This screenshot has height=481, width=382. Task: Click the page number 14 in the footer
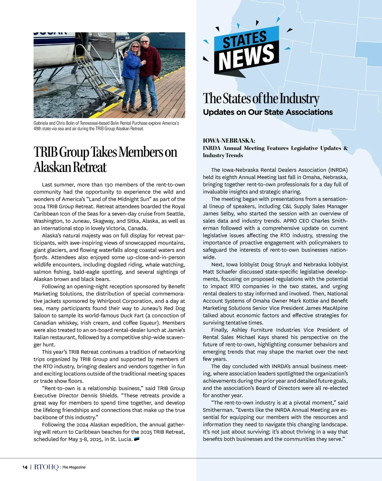[25, 467]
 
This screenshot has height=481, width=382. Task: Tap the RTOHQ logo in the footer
[46, 467]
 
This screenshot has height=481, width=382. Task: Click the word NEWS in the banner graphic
[246, 57]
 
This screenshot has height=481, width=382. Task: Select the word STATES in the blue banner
[244, 39]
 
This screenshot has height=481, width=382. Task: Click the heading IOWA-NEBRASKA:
[229, 140]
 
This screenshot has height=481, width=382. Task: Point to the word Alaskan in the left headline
[52, 167]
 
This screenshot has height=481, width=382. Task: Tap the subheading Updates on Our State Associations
[268, 112]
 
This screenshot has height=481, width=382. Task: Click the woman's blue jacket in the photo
[131, 65]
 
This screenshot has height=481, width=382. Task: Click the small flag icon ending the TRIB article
[137, 439]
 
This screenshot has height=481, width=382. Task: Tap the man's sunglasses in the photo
[145, 41]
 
